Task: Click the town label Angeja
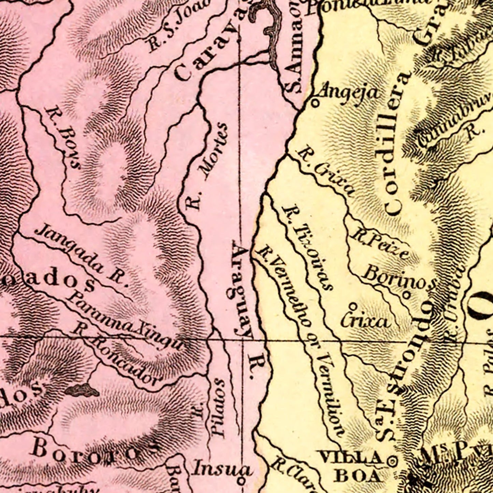coord(348,92)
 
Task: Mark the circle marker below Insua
coord(241,481)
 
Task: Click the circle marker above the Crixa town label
coord(353,305)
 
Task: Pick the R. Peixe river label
coord(380,244)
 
